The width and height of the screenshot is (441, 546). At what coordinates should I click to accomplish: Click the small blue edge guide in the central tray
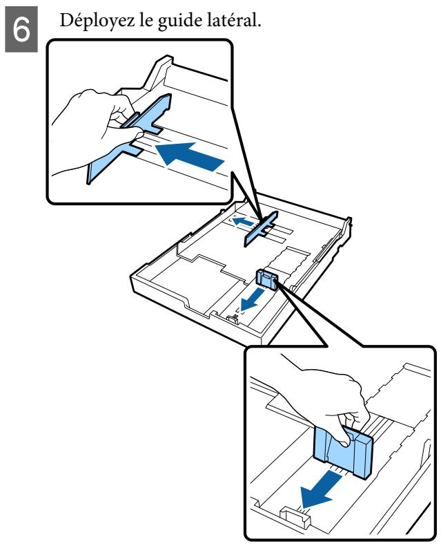click(266, 279)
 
